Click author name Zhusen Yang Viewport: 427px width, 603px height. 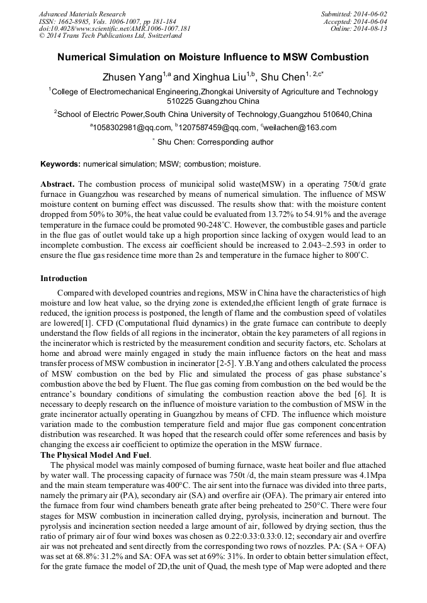[132, 77]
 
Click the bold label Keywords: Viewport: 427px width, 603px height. [60, 164]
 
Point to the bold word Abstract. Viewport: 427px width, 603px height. [58, 184]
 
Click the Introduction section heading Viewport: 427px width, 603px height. [64, 279]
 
